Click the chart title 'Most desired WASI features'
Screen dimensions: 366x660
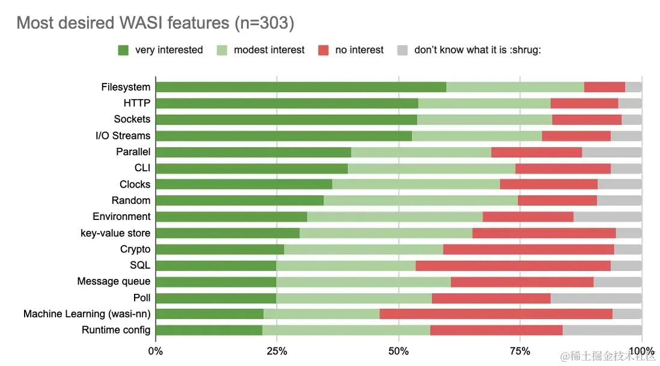tap(155, 23)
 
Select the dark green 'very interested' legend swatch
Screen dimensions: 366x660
tap(123, 50)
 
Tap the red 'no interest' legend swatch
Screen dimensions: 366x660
tap(323, 50)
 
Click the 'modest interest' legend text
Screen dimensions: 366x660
tap(269, 50)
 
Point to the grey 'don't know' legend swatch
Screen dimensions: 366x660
tap(403, 50)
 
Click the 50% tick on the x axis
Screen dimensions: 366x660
tap(399, 351)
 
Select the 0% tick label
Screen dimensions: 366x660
tap(156, 351)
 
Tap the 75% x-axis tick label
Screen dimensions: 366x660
tap(520, 351)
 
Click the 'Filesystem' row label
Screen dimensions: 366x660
tap(126, 87)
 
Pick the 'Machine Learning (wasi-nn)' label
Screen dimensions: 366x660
tap(87, 314)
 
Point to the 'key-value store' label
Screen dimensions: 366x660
tap(115, 233)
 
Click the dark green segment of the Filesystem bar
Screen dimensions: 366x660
tap(301, 87)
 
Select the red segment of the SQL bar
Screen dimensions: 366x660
tap(513, 265)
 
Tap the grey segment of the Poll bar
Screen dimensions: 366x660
tap(596, 297)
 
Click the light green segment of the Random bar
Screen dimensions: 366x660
tap(420, 200)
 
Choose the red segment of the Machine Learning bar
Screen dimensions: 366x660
tap(495, 314)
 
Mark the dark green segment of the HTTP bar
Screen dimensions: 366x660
tap(287, 103)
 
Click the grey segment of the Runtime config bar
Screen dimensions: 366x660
tap(602, 330)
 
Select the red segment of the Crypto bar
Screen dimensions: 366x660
tap(528, 249)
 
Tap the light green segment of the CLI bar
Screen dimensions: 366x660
tap(431, 168)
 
